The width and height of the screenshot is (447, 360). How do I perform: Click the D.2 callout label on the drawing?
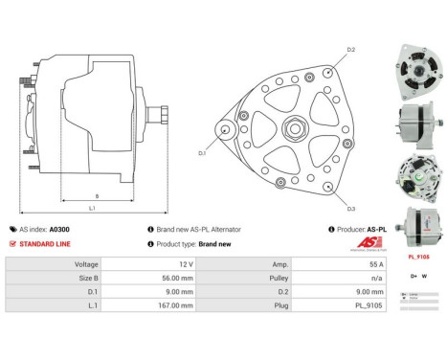coord(351,49)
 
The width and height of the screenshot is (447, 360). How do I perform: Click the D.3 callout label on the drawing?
coord(351,208)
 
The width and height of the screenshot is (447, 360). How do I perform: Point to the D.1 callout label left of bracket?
coord(202,152)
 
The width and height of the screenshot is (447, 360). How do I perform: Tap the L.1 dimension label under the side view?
coord(92,208)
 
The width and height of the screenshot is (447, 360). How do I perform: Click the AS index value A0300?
coord(59,230)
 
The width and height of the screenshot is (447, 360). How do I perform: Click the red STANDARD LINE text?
coord(43,244)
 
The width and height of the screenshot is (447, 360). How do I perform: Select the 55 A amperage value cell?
coord(376,262)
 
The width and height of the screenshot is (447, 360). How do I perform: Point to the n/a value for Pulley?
coord(377,277)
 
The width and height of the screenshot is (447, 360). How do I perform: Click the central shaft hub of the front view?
coord(296,126)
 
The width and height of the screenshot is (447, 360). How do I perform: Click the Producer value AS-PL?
coord(376,230)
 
